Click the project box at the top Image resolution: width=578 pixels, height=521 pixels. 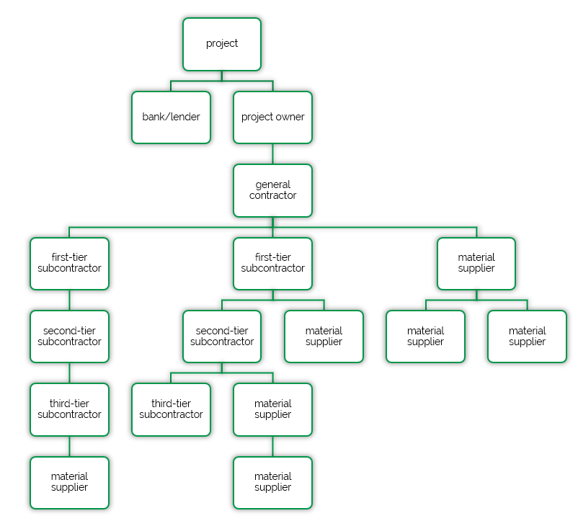222,44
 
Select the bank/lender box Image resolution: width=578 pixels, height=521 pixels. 171,117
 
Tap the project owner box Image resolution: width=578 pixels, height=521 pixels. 272,117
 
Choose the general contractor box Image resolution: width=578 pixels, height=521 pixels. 272,190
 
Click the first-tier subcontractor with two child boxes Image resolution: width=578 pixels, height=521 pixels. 272,263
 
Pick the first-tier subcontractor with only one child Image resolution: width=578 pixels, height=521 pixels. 69,263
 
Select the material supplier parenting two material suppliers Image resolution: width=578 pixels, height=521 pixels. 476,263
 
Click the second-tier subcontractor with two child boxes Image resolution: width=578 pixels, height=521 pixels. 222,336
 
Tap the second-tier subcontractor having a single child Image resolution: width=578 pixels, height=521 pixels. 69,336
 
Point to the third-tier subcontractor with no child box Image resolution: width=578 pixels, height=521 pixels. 171,409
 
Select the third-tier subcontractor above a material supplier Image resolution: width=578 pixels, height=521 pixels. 69,409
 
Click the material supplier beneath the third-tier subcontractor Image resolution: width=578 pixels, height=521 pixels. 69,482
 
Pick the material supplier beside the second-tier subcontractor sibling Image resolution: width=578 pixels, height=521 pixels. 324,336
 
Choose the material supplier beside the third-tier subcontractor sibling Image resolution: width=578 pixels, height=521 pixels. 272,409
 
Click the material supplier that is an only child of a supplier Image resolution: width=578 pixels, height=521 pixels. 272,482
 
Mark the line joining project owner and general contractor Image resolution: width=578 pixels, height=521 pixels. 272,153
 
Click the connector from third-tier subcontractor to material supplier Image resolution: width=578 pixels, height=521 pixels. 69,446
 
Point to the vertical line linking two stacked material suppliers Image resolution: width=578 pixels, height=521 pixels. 272,446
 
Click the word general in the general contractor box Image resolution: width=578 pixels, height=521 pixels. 272,184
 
